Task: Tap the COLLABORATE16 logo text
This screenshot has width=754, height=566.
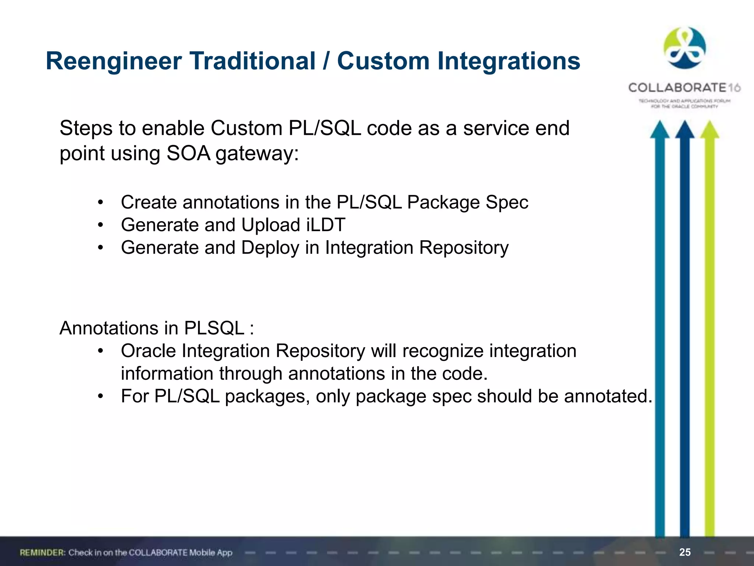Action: point(684,88)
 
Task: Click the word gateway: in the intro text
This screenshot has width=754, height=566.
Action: point(257,153)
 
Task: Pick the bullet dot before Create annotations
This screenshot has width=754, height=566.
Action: point(100,203)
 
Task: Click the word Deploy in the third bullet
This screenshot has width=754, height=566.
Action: point(270,248)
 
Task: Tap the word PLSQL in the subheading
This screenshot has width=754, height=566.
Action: point(214,328)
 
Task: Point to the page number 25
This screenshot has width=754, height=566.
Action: point(685,552)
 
